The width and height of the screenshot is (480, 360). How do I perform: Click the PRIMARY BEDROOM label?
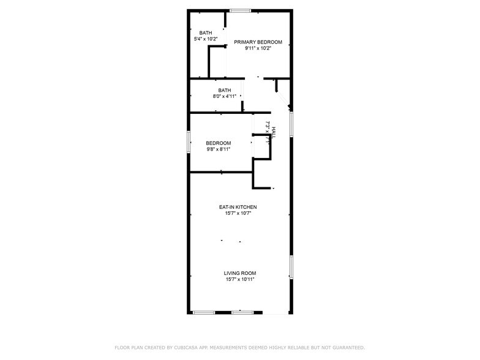pos(258,42)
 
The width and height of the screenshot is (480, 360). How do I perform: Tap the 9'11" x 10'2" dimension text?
pos(258,48)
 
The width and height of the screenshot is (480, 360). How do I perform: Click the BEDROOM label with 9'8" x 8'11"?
pos(218,143)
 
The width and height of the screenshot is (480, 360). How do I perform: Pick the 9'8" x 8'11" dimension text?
pos(218,149)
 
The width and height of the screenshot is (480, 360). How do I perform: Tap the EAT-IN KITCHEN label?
pos(238,208)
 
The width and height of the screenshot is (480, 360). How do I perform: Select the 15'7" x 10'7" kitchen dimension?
pos(238,214)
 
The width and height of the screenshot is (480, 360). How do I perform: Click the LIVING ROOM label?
pos(239,273)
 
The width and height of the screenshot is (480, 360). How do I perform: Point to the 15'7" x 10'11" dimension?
pos(239,279)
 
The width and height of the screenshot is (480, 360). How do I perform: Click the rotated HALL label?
pos(274,132)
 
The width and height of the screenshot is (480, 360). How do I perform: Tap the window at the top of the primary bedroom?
pos(240,10)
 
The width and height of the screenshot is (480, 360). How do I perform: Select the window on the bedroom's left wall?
pos(189,140)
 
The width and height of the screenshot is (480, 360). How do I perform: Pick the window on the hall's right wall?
pos(291,123)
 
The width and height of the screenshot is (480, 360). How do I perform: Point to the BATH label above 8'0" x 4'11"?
pos(224,90)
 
